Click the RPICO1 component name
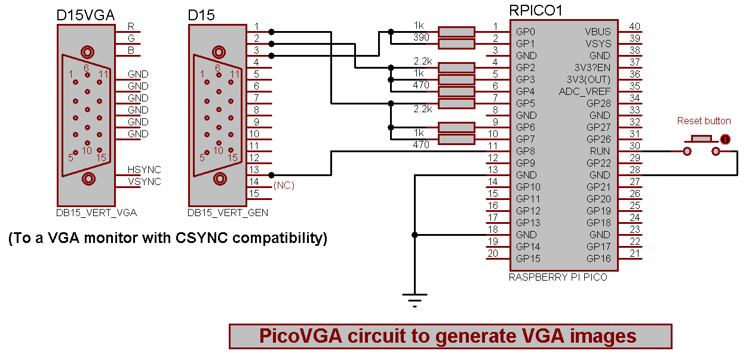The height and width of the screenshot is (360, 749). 535,10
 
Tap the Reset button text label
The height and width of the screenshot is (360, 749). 704,121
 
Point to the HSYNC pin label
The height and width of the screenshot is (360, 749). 145,170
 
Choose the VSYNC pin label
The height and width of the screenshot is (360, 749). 145,182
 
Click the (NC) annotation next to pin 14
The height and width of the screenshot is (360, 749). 284,186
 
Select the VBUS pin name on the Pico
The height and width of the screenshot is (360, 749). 598,32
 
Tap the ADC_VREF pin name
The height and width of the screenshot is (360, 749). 585,91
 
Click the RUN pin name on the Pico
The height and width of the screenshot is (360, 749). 600,151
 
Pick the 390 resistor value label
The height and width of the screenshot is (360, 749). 422,37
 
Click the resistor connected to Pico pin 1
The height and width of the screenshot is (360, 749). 456,32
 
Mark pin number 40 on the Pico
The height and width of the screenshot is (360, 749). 635,26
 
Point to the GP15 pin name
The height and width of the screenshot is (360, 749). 529,259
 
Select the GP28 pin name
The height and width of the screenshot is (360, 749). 598,103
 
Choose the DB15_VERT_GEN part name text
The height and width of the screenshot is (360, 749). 228,213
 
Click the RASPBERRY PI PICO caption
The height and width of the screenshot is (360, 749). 558,277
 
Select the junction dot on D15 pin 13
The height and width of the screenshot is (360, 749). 272,175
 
